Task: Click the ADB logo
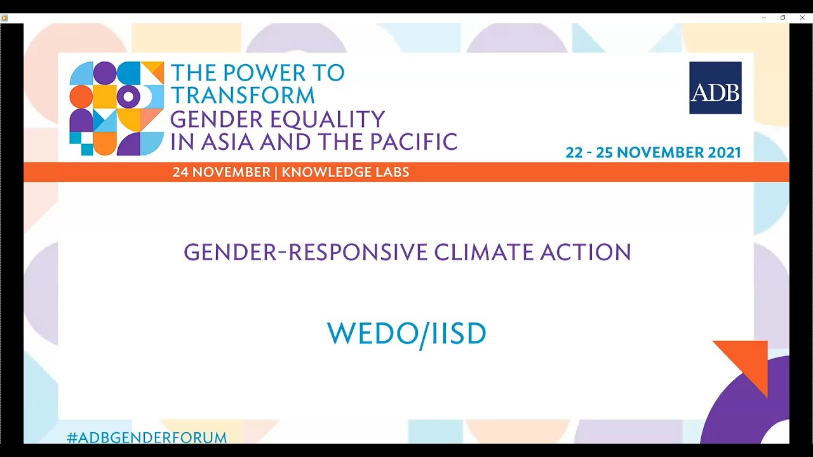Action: tap(715, 88)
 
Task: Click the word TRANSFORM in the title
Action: tap(243, 96)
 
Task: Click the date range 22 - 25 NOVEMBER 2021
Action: tap(653, 152)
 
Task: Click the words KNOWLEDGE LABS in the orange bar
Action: tap(346, 172)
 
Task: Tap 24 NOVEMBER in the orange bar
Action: tap(221, 172)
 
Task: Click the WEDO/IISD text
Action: tap(406, 334)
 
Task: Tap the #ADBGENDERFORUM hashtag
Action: tap(147, 437)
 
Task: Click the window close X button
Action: tap(802, 18)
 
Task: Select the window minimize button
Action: tap(763, 18)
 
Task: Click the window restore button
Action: tap(783, 18)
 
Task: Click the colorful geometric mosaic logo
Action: tap(116, 109)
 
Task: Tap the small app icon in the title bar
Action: tap(4, 18)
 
